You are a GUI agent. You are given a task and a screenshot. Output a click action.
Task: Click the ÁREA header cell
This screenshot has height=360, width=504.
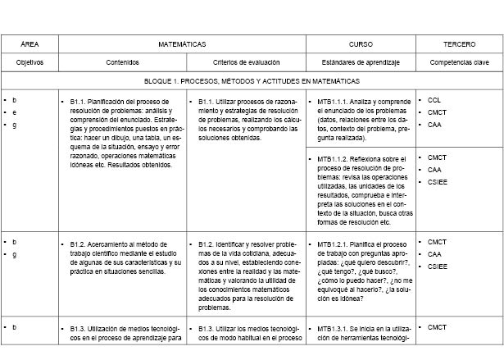pyautogui.click(x=30, y=43)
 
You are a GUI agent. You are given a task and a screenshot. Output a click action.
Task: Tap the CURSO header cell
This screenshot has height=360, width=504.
pyautogui.click(x=361, y=43)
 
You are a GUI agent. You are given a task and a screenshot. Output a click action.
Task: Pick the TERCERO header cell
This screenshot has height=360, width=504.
pyautogui.click(x=459, y=43)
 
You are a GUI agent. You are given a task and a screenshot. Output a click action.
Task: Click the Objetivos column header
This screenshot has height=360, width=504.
pyautogui.click(x=30, y=62)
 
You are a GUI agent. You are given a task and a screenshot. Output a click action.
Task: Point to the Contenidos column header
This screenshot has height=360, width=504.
pyautogui.click(x=123, y=62)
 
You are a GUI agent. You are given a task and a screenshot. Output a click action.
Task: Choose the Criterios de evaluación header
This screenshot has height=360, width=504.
pyautogui.click(x=246, y=62)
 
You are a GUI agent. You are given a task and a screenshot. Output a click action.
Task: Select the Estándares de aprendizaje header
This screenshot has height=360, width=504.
pyautogui.click(x=361, y=62)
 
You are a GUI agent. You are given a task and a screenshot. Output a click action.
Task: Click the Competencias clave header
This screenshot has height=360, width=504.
pyautogui.click(x=459, y=62)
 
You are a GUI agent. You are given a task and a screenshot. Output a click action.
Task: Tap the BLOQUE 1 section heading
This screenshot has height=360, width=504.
pyautogui.click(x=252, y=81)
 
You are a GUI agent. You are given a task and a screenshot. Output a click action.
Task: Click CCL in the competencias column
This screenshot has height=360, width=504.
pyautogui.click(x=434, y=100)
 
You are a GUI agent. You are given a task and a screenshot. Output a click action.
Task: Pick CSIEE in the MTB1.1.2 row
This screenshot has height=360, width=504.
pyautogui.click(x=438, y=181)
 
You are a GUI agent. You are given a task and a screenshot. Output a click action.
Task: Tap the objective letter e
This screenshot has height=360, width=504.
pyautogui.click(x=15, y=112)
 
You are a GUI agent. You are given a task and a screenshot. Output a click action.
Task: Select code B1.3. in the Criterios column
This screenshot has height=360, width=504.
pyautogui.click(x=207, y=328)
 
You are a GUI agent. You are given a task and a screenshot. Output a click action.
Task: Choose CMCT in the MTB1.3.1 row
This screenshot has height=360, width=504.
pyautogui.click(x=437, y=328)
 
